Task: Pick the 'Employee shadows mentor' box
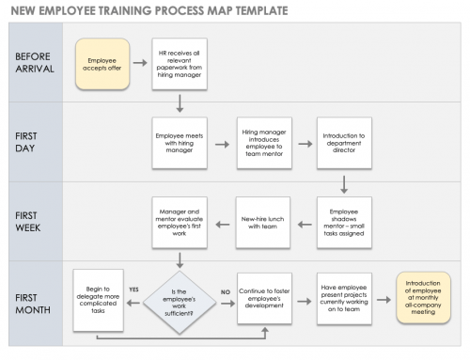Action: (x=345, y=223)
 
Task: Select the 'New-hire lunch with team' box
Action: (x=263, y=223)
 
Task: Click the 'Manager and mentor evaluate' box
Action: (x=179, y=223)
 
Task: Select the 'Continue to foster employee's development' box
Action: (x=263, y=298)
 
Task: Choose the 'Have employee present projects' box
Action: (x=345, y=298)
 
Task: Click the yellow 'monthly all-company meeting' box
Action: (x=427, y=298)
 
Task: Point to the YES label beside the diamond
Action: (x=133, y=289)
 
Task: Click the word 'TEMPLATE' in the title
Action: (x=251, y=10)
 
